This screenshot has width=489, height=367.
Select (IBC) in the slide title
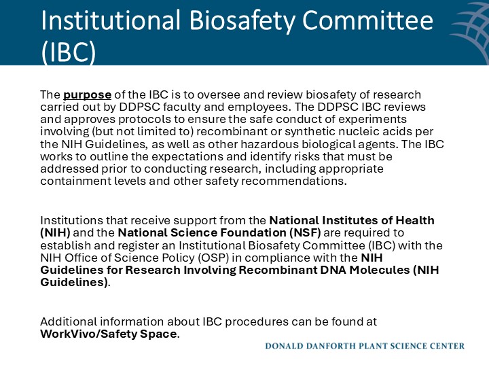click(x=68, y=52)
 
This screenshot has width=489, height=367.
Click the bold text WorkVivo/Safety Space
click(x=109, y=333)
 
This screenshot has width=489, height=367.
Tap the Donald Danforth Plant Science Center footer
click(x=365, y=346)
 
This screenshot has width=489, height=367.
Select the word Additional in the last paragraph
click(x=65, y=321)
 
